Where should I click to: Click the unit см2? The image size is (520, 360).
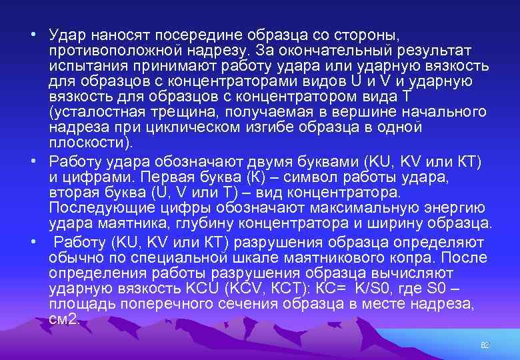[x=64, y=319]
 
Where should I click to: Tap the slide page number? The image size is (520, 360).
[x=485, y=345]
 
